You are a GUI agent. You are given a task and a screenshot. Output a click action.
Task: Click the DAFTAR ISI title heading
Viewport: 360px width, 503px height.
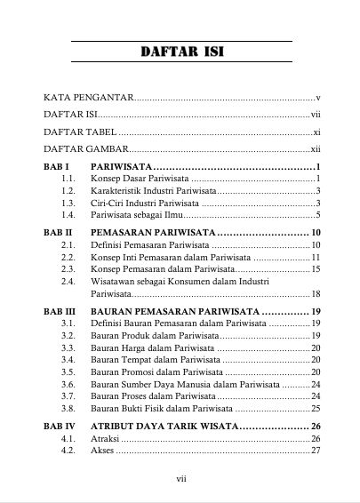[x=181, y=52]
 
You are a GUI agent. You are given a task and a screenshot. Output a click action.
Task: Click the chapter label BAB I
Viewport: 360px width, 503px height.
[x=56, y=167]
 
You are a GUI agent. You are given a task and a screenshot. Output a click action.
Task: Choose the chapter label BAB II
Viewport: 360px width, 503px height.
[x=58, y=232]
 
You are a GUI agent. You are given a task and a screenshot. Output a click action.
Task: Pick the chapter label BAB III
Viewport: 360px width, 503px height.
[x=60, y=311]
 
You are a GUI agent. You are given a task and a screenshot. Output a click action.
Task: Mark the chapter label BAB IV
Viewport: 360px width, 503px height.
[x=60, y=427]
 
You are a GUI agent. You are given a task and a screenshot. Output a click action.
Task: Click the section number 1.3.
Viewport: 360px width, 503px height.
[x=68, y=203]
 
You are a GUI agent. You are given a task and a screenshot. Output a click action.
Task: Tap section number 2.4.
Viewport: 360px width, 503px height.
[x=68, y=281]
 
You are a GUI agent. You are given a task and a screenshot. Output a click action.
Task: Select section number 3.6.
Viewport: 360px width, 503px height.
[x=68, y=384]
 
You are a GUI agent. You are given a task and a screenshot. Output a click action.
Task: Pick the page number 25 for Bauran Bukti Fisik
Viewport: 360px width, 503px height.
[x=316, y=408]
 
